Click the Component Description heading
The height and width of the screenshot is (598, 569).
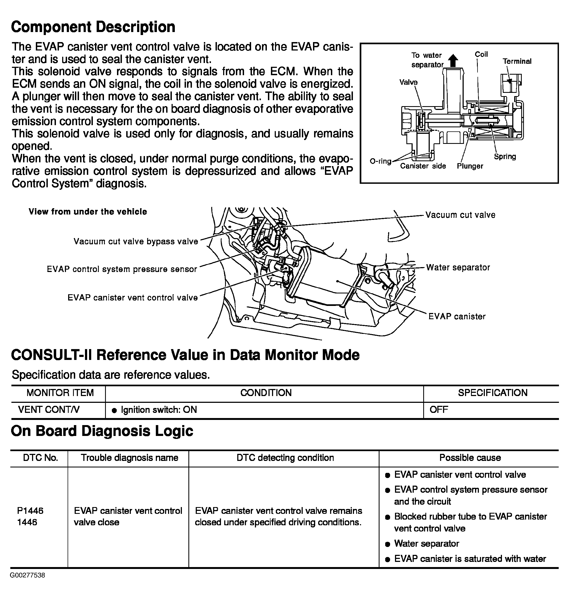(x=93, y=27)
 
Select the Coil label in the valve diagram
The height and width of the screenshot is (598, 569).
(x=481, y=54)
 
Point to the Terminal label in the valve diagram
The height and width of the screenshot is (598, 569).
(x=517, y=61)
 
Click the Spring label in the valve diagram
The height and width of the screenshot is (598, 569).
(x=505, y=156)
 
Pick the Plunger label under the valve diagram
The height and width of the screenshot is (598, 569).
(x=470, y=166)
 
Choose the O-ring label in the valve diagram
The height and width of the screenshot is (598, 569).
(x=380, y=161)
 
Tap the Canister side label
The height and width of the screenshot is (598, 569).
(x=423, y=166)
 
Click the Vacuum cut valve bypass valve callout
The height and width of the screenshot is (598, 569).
(x=135, y=241)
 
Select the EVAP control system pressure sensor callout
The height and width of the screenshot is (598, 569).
(x=122, y=269)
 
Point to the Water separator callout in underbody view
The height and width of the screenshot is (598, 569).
(x=458, y=267)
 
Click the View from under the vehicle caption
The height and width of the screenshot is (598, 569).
(x=88, y=212)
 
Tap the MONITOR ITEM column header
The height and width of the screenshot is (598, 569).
(x=60, y=393)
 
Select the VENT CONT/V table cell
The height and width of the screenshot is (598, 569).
(x=49, y=410)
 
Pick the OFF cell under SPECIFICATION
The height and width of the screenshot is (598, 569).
(x=439, y=410)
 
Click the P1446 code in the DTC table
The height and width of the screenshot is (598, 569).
(x=30, y=511)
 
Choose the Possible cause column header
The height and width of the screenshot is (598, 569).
(x=470, y=458)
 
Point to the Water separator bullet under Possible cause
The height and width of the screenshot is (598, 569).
(x=426, y=543)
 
